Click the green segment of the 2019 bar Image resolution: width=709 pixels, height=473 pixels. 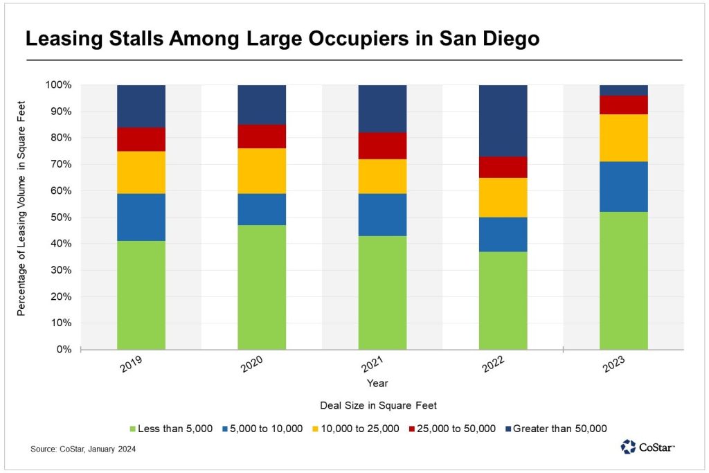click(x=141, y=295)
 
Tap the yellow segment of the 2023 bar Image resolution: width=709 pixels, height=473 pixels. click(x=623, y=138)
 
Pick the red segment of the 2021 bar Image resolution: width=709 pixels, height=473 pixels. click(x=382, y=145)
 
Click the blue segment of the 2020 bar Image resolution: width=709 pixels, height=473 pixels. click(x=262, y=209)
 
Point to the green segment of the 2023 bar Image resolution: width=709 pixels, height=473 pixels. click(x=623, y=280)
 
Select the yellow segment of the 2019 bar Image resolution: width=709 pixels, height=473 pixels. click(x=141, y=172)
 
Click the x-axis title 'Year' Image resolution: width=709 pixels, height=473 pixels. click(x=378, y=382)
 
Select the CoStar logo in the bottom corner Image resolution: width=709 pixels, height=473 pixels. click(x=647, y=447)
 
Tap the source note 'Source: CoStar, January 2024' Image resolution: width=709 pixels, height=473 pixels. click(x=82, y=449)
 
